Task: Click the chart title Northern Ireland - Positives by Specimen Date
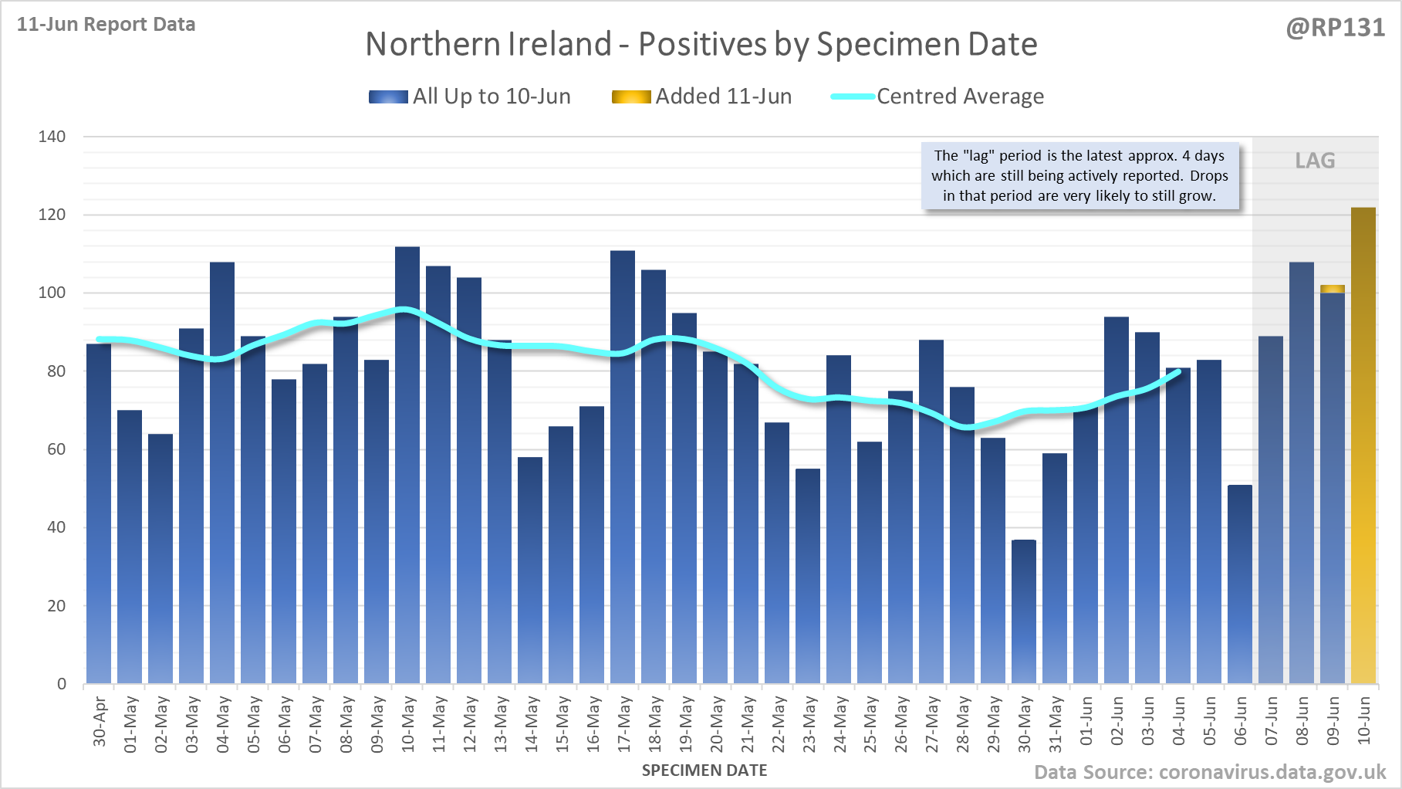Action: coord(701,44)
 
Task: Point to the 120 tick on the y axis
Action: coord(52,215)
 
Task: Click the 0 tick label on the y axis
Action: coord(62,684)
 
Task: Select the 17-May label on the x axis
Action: coord(624,724)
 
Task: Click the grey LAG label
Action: coord(1315,161)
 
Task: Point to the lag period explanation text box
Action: coord(1079,176)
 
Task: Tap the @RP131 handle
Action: coord(1335,28)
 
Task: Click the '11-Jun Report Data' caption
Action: coord(106,25)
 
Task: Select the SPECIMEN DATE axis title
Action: coord(704,770)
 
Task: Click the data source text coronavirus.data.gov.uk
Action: coord(1210,773)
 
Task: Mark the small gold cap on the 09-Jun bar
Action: coord(1333,289)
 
